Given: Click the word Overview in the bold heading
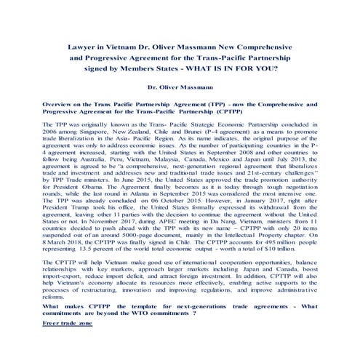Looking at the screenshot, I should (x=59, y=106).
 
